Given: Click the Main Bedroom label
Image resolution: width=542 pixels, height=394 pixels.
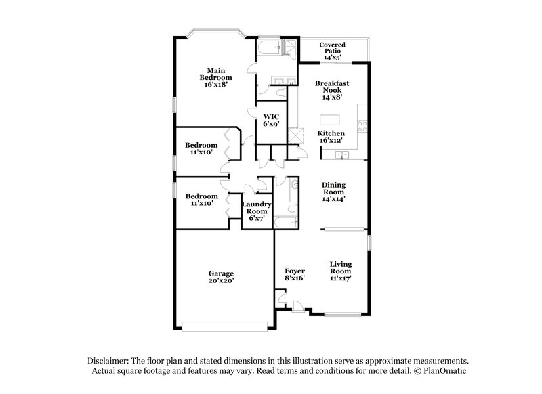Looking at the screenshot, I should (x=216, y=77).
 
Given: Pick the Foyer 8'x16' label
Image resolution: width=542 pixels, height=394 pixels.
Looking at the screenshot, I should (x=295, y=274).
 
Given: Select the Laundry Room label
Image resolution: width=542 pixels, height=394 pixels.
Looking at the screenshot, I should (x=257, y=211).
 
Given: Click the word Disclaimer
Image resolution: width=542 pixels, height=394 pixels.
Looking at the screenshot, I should (x=109, y=361).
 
